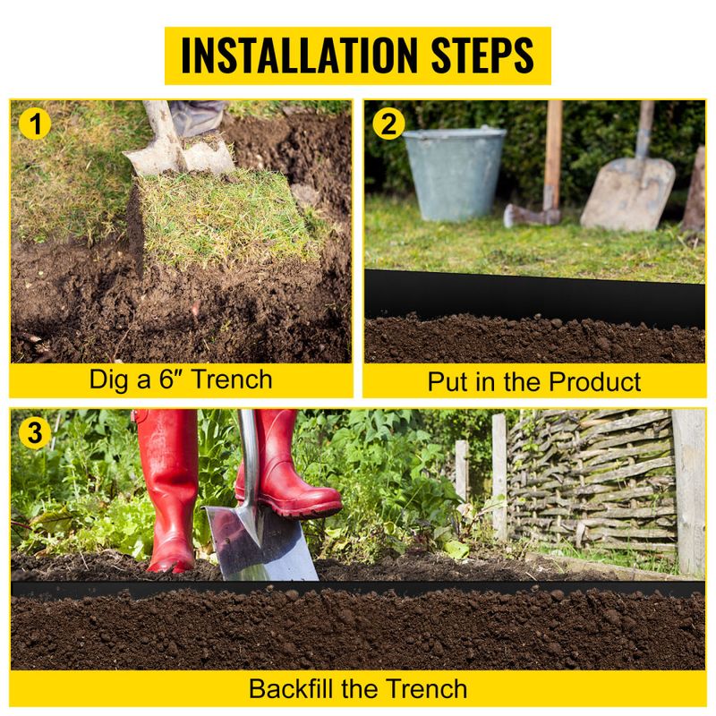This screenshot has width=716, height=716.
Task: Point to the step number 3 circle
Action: click(34, 433)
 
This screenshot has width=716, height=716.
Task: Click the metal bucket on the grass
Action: click(455, 174)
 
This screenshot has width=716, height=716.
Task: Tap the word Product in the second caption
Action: click(595, 381)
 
